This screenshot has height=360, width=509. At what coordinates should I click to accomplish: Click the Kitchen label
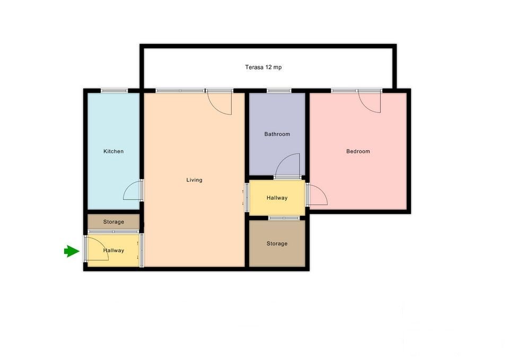click(x=113, y=151)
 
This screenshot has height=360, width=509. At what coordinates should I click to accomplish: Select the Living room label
click(x=194, y=180)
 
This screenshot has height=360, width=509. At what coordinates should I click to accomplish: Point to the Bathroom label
click(x=277, y=134)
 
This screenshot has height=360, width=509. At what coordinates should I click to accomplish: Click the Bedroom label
click(x=358, y=151)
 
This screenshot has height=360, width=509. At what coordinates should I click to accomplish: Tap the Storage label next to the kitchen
click(x=113, y=222)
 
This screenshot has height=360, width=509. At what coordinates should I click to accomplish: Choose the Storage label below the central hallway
click(x=277, y=243)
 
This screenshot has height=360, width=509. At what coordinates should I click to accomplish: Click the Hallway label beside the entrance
click(x=113, y=250)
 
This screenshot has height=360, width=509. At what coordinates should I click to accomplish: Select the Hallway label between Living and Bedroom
click(x=277, y=198)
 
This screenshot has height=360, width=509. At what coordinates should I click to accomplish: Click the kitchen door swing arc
click(x=133, y=190)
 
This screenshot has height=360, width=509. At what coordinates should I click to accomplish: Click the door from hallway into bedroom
click(x=318, y=195)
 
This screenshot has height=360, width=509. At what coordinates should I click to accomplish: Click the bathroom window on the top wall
click(x=279, y=91)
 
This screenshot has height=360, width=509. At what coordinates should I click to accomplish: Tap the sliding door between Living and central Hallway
click(x=247, y=197)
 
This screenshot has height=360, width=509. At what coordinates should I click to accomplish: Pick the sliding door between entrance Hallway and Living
click(x=141, y=250)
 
